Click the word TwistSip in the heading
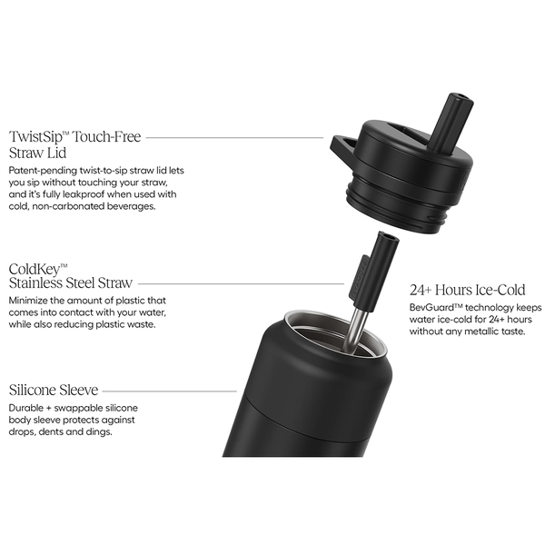coord(35,137)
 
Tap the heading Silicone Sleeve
coord(54,390)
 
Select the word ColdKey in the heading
coord(35,270)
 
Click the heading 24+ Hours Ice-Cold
coord(467,290)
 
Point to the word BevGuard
coord(431,308)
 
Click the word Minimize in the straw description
coord(29,301)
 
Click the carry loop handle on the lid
coord(343,147)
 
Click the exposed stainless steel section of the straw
coord(353,328)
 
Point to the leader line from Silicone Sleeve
coord(170,391)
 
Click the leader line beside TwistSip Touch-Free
coord(234,138)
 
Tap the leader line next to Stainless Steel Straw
coord(241,284)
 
